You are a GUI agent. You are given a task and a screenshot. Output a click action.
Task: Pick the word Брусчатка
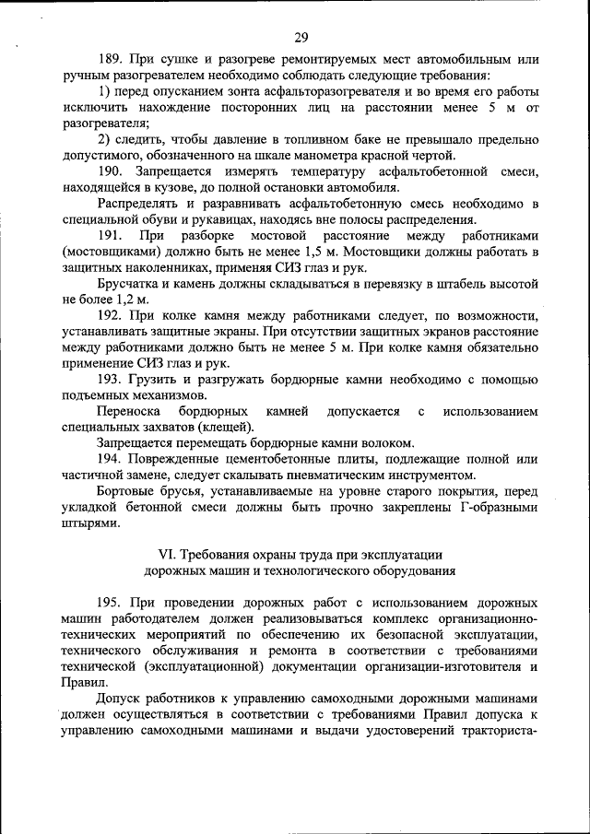(x=127, y=284)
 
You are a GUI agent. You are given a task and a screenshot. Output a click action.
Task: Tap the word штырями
(x=90, y=523)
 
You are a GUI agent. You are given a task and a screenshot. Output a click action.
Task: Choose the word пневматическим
(x=329, y=475)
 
